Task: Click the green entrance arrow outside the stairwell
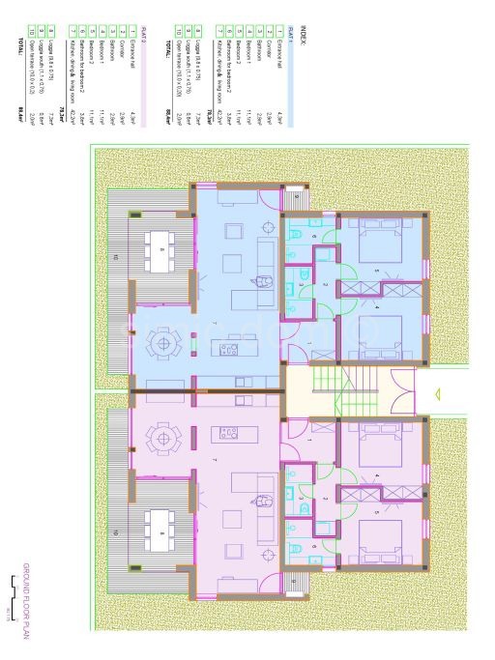click(436, 393)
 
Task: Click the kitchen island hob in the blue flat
click(229, 348)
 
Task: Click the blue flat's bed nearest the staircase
click(377, 334)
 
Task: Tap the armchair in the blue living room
click(263, 281)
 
